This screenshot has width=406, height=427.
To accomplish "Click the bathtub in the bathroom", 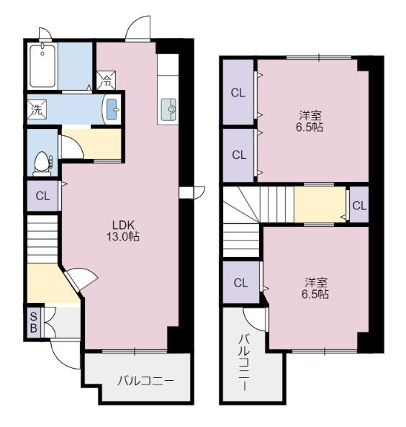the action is (x=42, y=66).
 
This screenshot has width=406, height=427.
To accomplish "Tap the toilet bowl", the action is (x=42, y=163).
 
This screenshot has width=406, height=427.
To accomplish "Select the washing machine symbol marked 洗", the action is (x=37, y=109).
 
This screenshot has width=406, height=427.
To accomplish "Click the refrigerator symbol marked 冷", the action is (x=107, y=81).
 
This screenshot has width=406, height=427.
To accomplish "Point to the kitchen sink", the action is (x=169, y=109).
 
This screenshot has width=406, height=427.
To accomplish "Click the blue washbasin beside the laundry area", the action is (x=112, y=109).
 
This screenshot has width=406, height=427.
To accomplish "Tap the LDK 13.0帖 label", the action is (x=123, y=231).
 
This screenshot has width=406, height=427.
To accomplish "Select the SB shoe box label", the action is (x=33, y=323).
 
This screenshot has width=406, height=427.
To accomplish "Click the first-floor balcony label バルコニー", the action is (x=145, y=380).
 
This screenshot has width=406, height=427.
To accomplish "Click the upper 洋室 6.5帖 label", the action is (x=310, y=122).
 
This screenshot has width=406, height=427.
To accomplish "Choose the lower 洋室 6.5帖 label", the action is (x=315, y=288).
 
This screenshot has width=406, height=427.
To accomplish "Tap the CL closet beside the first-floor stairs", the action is (x=42, y=196).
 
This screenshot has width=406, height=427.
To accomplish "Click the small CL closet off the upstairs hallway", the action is (x=359, y=204).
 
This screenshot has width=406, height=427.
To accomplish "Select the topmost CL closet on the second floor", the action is (x=238, y=93).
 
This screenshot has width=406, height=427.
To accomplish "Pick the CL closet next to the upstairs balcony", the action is (x=240, y=282).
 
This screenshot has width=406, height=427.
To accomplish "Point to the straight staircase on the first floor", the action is (x=42, y=239).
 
